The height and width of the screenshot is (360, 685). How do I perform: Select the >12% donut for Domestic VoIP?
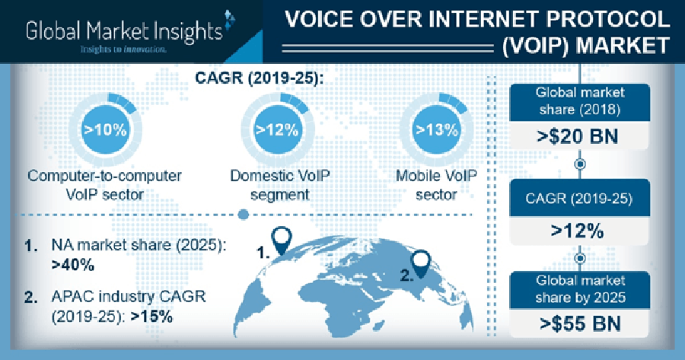point(276,130)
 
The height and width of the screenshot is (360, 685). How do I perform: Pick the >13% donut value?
point(436,130)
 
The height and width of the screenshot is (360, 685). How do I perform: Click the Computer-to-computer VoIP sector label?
point(104,185)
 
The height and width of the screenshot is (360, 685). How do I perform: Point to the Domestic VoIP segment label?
point(275,185)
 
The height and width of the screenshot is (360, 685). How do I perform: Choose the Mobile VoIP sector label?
point(436,185)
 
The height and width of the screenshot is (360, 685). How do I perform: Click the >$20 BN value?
point(580,137)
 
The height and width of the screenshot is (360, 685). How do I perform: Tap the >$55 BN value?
point(580,324)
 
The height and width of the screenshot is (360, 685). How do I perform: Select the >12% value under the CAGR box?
point(580,229)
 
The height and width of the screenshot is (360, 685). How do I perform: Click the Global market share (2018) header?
point(580,101)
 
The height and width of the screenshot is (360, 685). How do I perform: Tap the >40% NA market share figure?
point(73,266)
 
